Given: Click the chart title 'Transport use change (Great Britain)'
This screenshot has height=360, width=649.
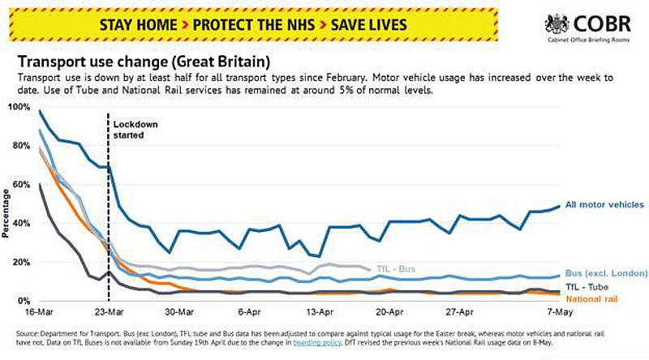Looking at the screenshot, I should point(144,61).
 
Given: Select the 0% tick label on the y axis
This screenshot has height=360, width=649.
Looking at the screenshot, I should point(24,301).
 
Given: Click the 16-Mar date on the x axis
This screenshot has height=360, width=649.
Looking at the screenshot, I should point(39,312).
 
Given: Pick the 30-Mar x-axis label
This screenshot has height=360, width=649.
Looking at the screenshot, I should point(178,312).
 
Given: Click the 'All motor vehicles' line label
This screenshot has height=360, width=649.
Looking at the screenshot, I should point(604,205).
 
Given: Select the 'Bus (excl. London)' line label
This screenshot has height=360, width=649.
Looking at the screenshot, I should point(606,273).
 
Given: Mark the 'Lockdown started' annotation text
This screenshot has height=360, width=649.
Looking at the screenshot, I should point(135,130).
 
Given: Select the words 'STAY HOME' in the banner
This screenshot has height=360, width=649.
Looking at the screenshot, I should point(136,25).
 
